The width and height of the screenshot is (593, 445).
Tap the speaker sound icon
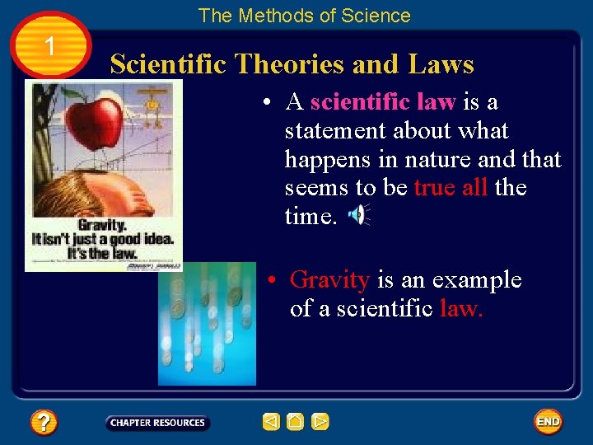(x=358, y=215)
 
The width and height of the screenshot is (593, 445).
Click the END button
(x=548, y=421)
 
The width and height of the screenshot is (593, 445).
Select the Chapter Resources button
(x=157, y=423)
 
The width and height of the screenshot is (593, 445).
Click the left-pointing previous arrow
(x=271, y=422)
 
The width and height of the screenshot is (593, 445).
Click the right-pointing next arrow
(x=320, y=422)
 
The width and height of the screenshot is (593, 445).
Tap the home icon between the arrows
(x=296, y=422)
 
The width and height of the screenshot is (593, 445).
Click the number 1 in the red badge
(x=50, y=47)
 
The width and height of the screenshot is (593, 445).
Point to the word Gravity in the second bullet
(x=329, y=280)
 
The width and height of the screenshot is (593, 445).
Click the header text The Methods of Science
(x=304, y=16)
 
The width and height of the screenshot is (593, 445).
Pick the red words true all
(x=451, y=188)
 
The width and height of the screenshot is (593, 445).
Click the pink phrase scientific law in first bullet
(x=383, y=102)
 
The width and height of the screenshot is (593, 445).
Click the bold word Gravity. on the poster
(x=101, y=225)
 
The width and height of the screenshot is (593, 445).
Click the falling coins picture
(x=207, y=324)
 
